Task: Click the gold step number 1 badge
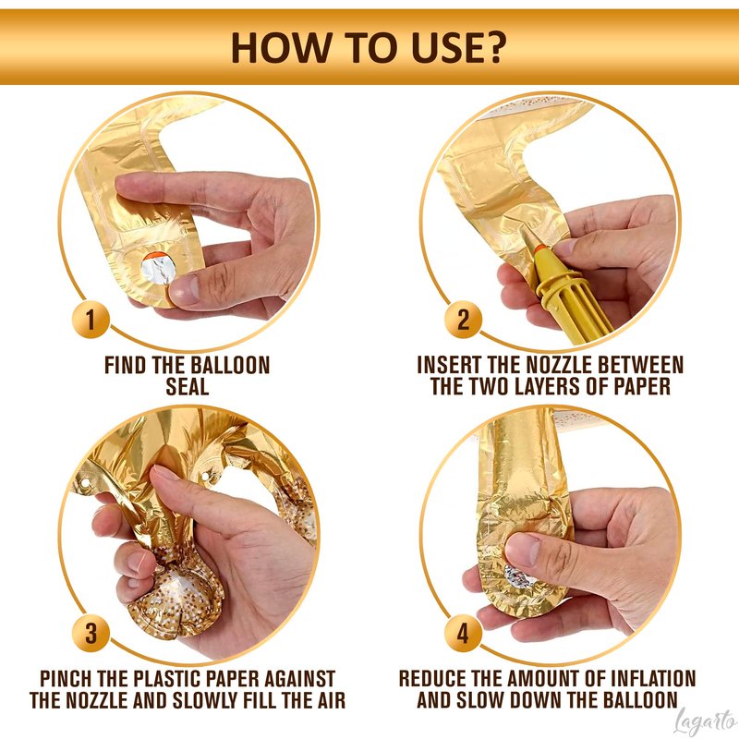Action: pos(91,319)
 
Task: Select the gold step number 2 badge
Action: pos(463,319)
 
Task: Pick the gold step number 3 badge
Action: pos(91,633)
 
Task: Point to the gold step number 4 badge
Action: pos(463,633)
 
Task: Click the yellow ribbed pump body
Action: pos(575,302)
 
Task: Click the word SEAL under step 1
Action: pos(188,386)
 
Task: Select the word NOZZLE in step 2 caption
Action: pos(560,365)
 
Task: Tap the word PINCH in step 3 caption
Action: pos(66,679)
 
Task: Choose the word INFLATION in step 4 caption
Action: pos(653,679)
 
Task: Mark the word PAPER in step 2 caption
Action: pos(641,386)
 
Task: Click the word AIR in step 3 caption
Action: pos(329,701)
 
